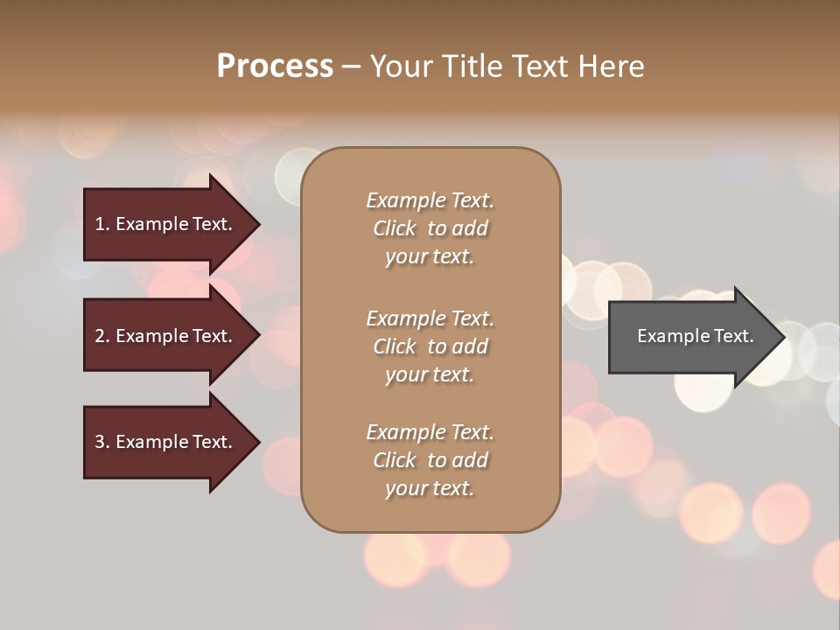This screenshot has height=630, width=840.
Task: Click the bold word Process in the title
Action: coord(275,66)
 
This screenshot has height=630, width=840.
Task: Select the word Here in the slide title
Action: coord(610,66)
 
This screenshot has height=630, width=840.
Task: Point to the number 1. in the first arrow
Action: coord(102,224)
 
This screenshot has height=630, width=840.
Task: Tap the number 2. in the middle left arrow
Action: coord(102,336)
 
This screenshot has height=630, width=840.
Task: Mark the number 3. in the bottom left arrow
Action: coord(102,442)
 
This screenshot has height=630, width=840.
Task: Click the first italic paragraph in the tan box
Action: coord(430,228)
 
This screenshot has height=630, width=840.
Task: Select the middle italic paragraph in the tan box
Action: coord(430,346)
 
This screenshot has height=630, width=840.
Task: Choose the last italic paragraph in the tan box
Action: coord(430,460)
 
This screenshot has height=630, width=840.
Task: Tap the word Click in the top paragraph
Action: coord(395,228)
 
